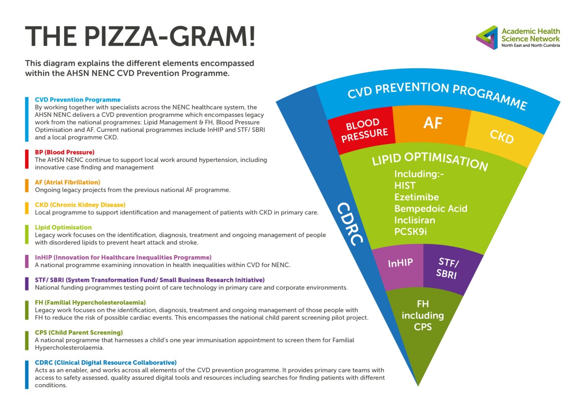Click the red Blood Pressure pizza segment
(363, 129)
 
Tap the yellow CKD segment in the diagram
(501, 137)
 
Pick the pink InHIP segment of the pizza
(400, 263)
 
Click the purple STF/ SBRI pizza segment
(447, 268)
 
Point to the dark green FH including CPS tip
(422, 316)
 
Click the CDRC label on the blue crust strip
(350, 224)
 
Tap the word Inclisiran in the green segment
(414, 220)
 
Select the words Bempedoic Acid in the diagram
(430, 209)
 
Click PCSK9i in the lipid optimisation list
(410, 232)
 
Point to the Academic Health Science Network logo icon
(487, 38)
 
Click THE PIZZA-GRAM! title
(140, 36)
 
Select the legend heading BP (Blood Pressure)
(64, 152)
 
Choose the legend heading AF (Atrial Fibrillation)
(67, 182)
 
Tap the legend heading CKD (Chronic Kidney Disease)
(80, 205)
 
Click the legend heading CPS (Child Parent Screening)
(79, 332)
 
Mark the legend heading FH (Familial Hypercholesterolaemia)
(90, 302)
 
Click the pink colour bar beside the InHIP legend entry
(27, 261)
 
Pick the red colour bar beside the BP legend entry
(27, 159)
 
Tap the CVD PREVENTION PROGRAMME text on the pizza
(437, 94)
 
